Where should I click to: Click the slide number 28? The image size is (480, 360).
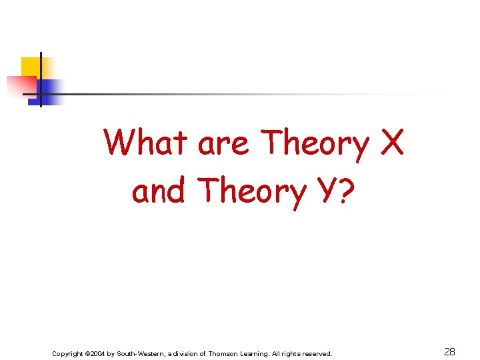(x=449, y=352)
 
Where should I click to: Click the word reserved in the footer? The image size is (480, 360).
(x=315, y=353)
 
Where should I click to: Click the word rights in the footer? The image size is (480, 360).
(x=291, y=353)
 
